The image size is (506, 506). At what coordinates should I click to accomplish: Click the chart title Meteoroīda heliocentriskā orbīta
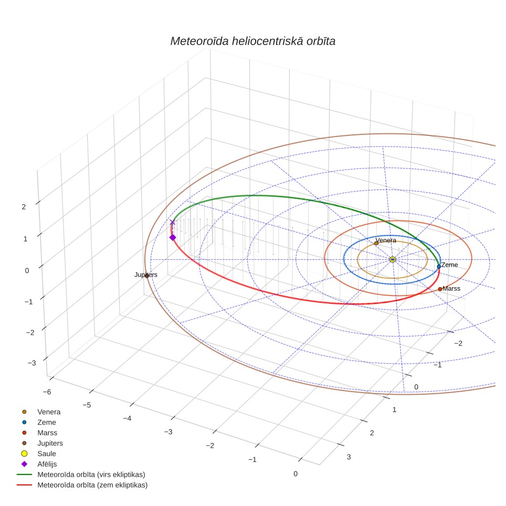(252, 41)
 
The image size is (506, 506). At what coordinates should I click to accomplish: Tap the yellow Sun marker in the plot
(393, 259)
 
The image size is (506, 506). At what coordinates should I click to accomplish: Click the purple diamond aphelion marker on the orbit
(173, 237)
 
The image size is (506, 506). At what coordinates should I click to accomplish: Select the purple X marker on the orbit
(172, 223)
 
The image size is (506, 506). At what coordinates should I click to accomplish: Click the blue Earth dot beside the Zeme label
(439, 267)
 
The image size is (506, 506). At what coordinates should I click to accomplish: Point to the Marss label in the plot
(451, 289)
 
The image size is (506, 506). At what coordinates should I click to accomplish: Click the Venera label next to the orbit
(386, 240)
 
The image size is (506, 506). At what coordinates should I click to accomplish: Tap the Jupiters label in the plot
(146, 275)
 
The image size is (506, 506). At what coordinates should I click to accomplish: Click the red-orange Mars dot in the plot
(440, 289)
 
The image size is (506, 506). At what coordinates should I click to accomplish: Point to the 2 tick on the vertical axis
(24, 207)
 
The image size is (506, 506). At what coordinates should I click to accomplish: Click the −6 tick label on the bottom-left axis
(47, 392)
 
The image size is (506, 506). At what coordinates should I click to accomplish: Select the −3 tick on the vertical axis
(31, 363)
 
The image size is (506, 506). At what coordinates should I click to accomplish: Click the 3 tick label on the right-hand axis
(349, 457)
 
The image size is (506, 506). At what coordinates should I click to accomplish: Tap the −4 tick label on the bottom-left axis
(127, 418)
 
